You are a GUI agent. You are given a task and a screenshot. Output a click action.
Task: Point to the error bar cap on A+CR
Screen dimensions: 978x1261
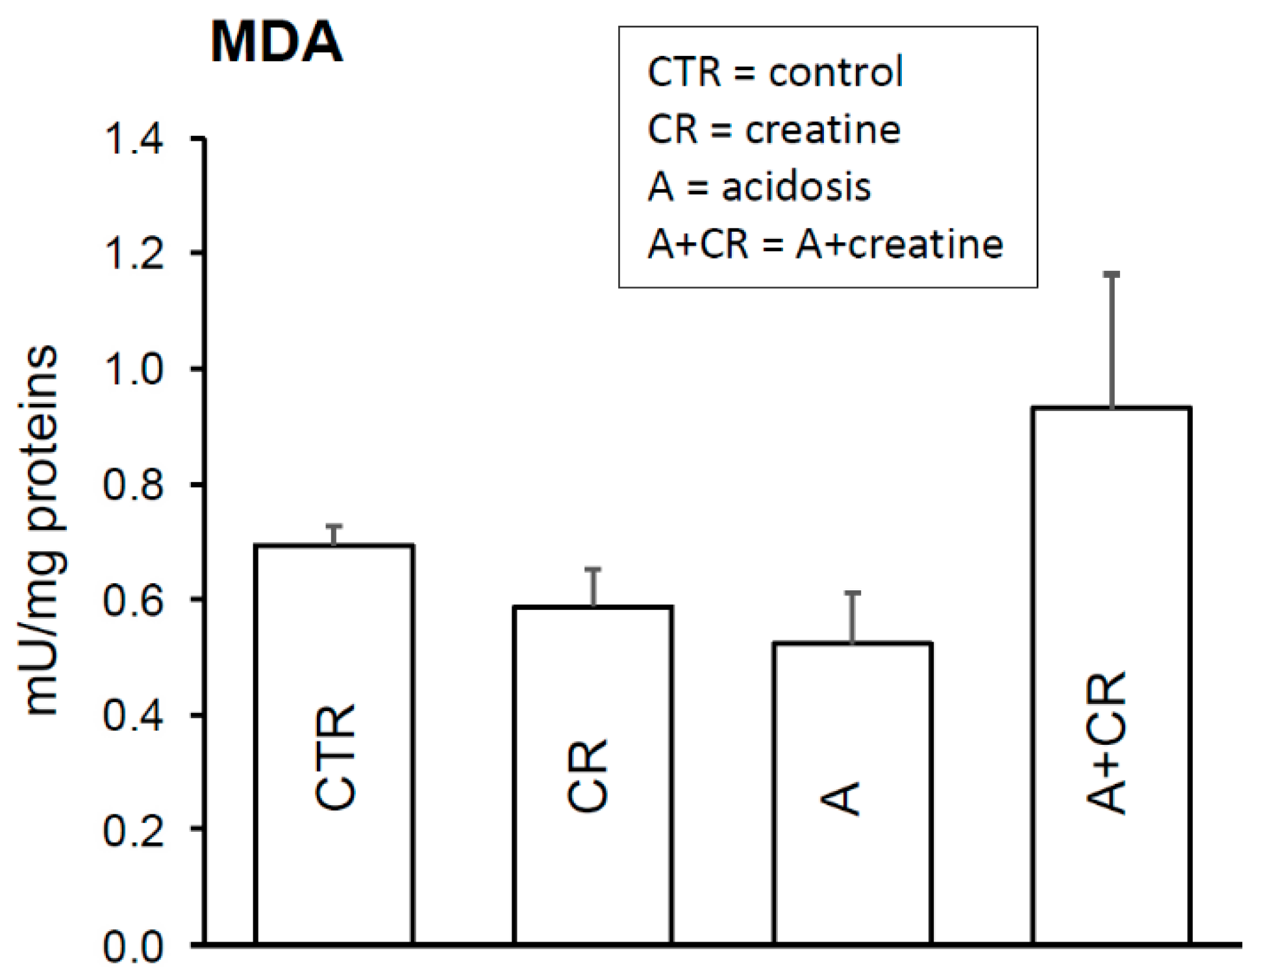1112,275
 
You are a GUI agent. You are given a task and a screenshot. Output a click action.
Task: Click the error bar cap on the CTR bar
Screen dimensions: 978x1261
334,526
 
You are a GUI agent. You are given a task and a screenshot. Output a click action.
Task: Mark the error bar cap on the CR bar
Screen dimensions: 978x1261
593,570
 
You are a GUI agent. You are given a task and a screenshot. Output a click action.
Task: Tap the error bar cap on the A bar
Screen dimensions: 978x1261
852,593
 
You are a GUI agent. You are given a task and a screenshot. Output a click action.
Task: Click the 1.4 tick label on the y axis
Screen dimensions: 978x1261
133,139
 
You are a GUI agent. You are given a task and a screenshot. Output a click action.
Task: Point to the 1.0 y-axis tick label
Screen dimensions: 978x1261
133,370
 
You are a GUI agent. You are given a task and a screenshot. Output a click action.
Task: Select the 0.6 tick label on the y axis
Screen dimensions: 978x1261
133,601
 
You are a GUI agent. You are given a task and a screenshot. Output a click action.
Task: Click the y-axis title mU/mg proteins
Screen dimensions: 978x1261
43,529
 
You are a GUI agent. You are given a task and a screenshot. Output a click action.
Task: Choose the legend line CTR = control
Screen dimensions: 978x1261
775,71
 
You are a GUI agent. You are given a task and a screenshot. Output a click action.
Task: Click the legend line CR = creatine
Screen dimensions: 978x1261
774,129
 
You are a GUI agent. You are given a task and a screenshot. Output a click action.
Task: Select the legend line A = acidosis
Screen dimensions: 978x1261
759,187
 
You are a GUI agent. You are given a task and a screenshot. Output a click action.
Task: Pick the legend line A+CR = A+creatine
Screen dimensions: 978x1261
825,245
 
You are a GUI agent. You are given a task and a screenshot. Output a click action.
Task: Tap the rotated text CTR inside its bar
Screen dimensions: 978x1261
336,757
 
